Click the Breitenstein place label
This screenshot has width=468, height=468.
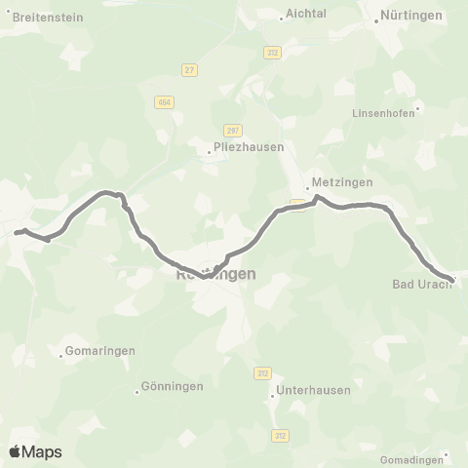[x=47, y=18]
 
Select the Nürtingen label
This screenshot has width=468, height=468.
[x=411, y=16]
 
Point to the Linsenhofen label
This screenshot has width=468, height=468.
[x=384, y=112]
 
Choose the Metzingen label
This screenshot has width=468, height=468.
[x=337, y=182]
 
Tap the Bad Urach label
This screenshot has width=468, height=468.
[x=420, y=285]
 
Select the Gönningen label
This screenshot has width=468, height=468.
[x=172, y=386]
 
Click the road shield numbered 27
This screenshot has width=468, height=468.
[x=190, y=69]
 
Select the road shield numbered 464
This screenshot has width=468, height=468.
[x=163, y=101]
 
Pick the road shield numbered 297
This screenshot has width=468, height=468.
[x=231, y=131]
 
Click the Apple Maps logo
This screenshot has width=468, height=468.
[x=35, y=451]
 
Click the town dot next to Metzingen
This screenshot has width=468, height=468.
[x=306, y=188]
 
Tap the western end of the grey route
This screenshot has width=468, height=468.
[x=16, y=233]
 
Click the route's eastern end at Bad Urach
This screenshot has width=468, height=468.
[x=452, y=281]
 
